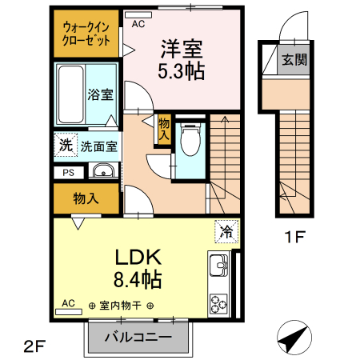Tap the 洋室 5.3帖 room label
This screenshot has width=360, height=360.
click(x=183, y=60)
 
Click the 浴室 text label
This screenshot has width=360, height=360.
click(x=100, y=94)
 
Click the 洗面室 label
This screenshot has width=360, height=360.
click(x=98, y=147)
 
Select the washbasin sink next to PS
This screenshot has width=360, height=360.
click(x=102, y=171)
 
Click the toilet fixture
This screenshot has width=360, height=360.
click(x=190, y=142)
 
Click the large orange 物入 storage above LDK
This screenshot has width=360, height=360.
click(x=86, y=198)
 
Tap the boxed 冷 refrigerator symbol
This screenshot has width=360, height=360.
click(x=226, y=232)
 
